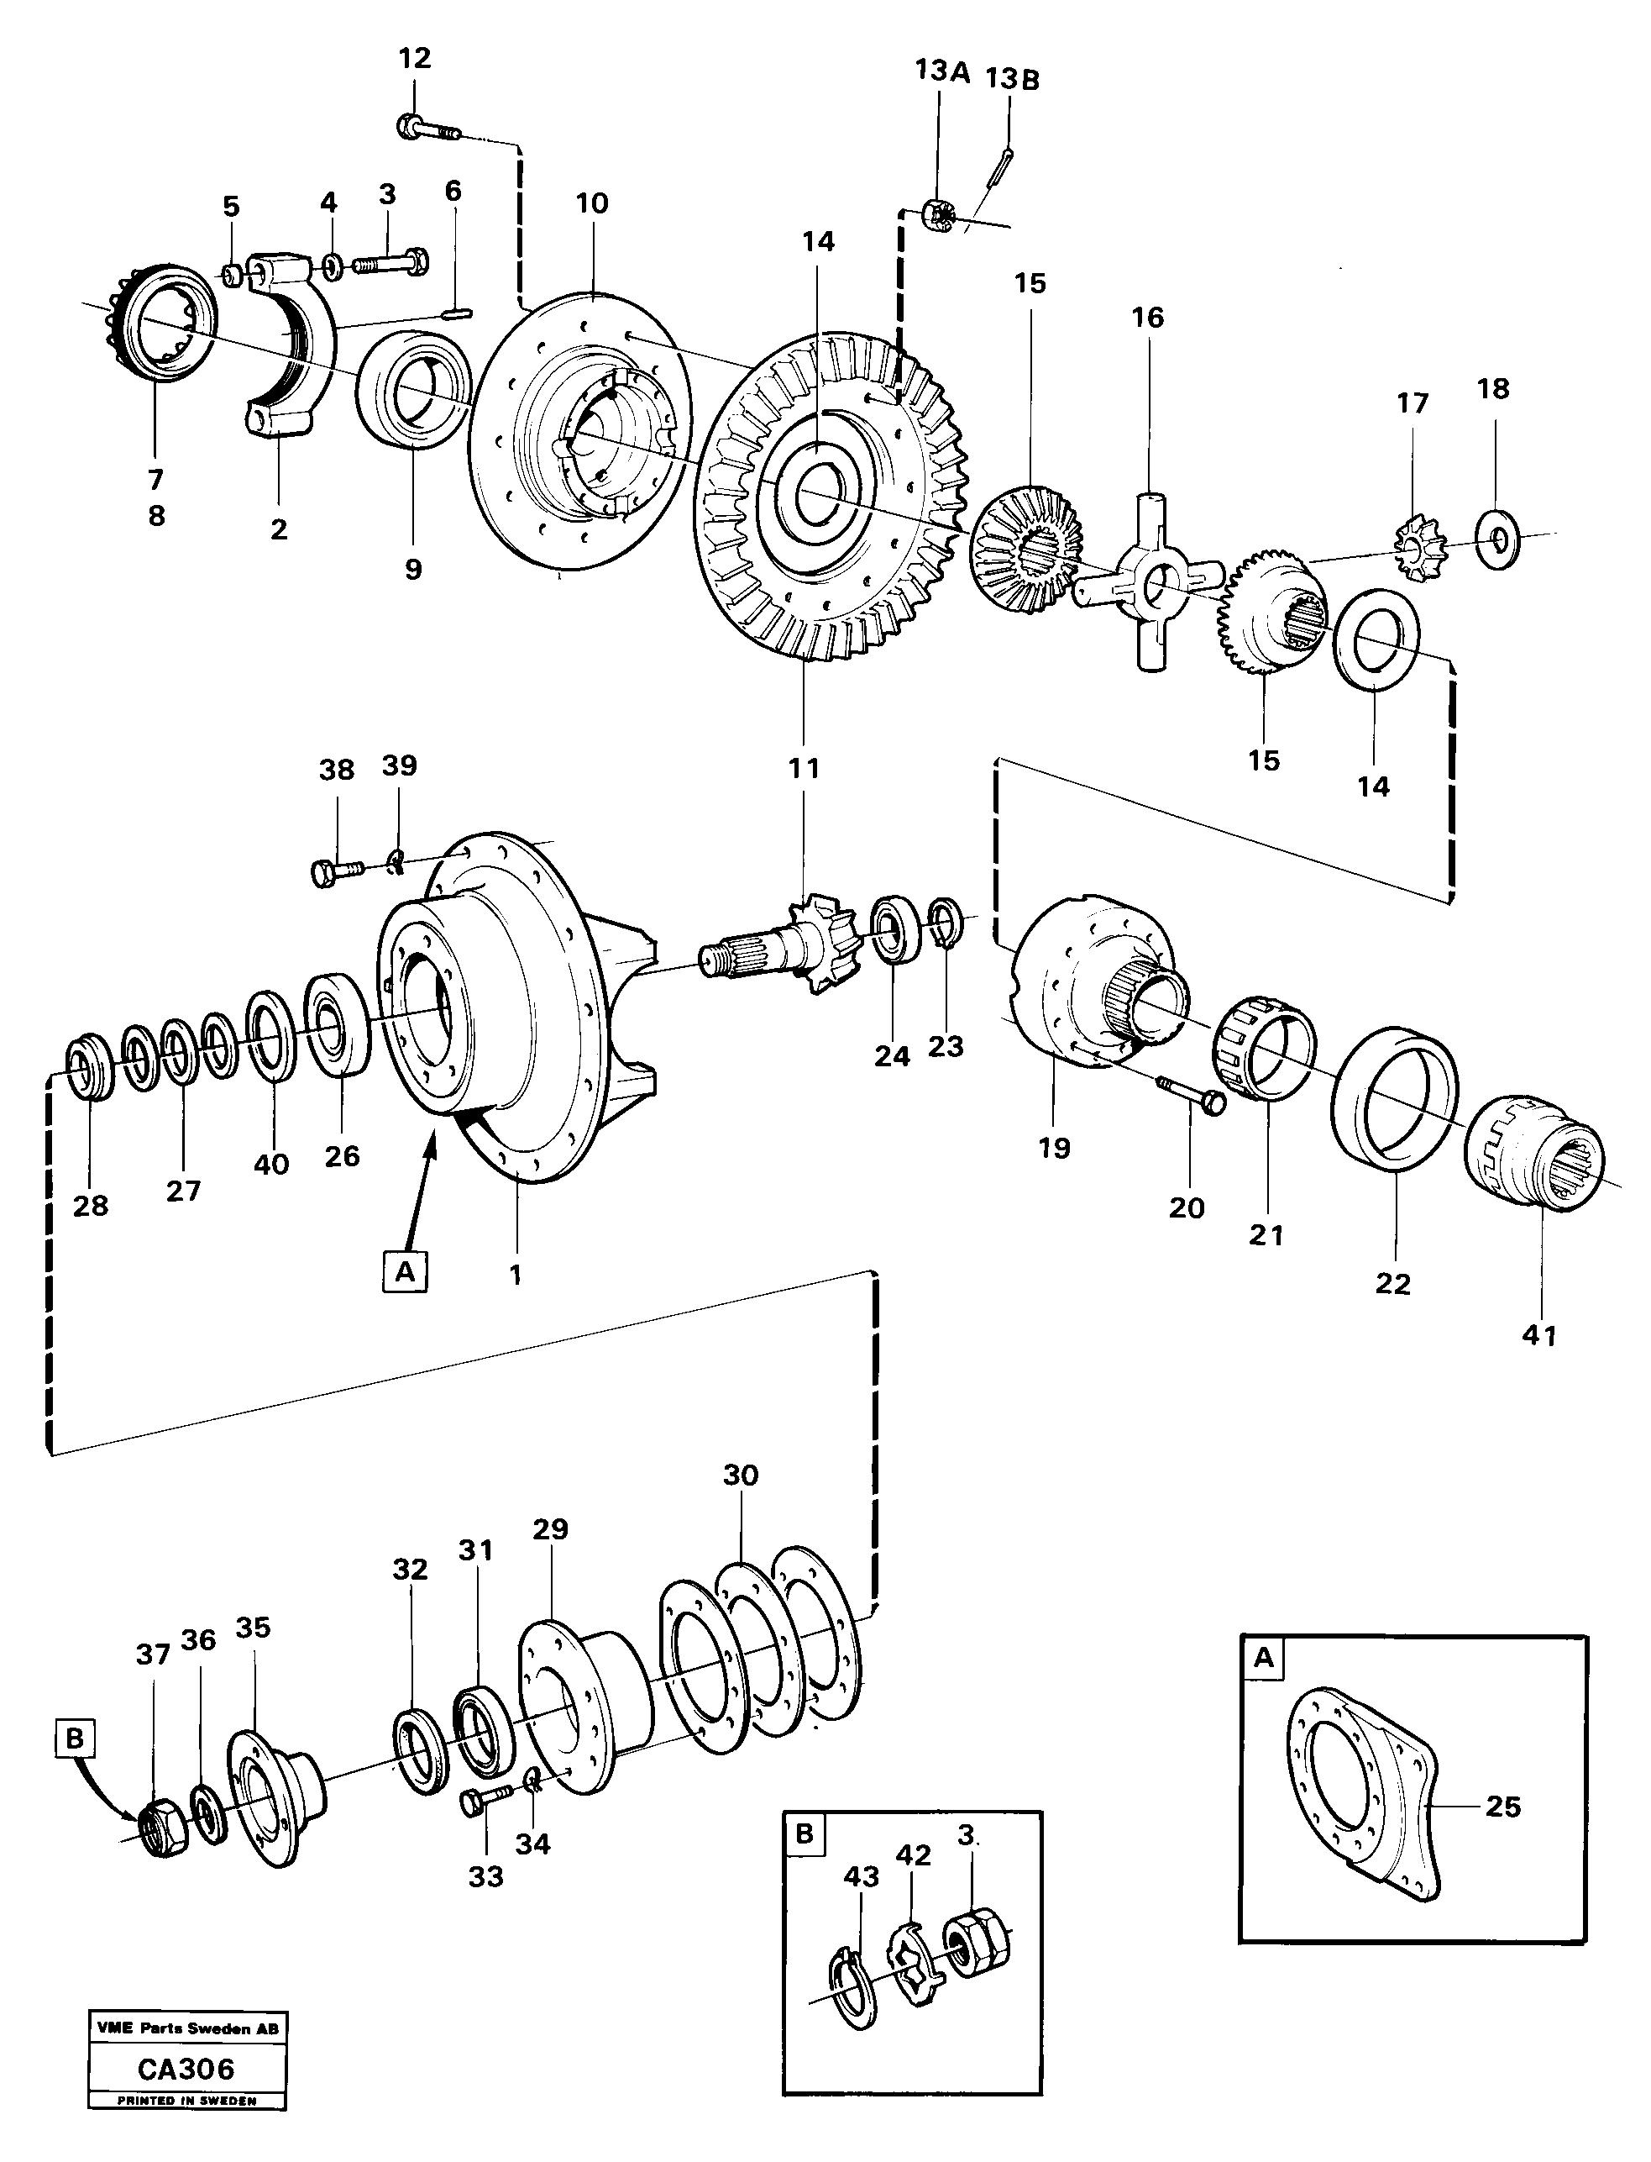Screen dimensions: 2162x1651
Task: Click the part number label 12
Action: (414, 58)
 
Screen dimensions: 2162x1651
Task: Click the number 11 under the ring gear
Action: (803, 768)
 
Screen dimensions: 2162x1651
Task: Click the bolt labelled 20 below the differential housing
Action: (1190, 1094)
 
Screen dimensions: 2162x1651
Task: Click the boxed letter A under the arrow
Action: (405, 1271)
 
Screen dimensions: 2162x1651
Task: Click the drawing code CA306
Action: (186, 2069)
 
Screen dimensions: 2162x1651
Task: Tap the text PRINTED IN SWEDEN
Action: (186, 2100)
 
